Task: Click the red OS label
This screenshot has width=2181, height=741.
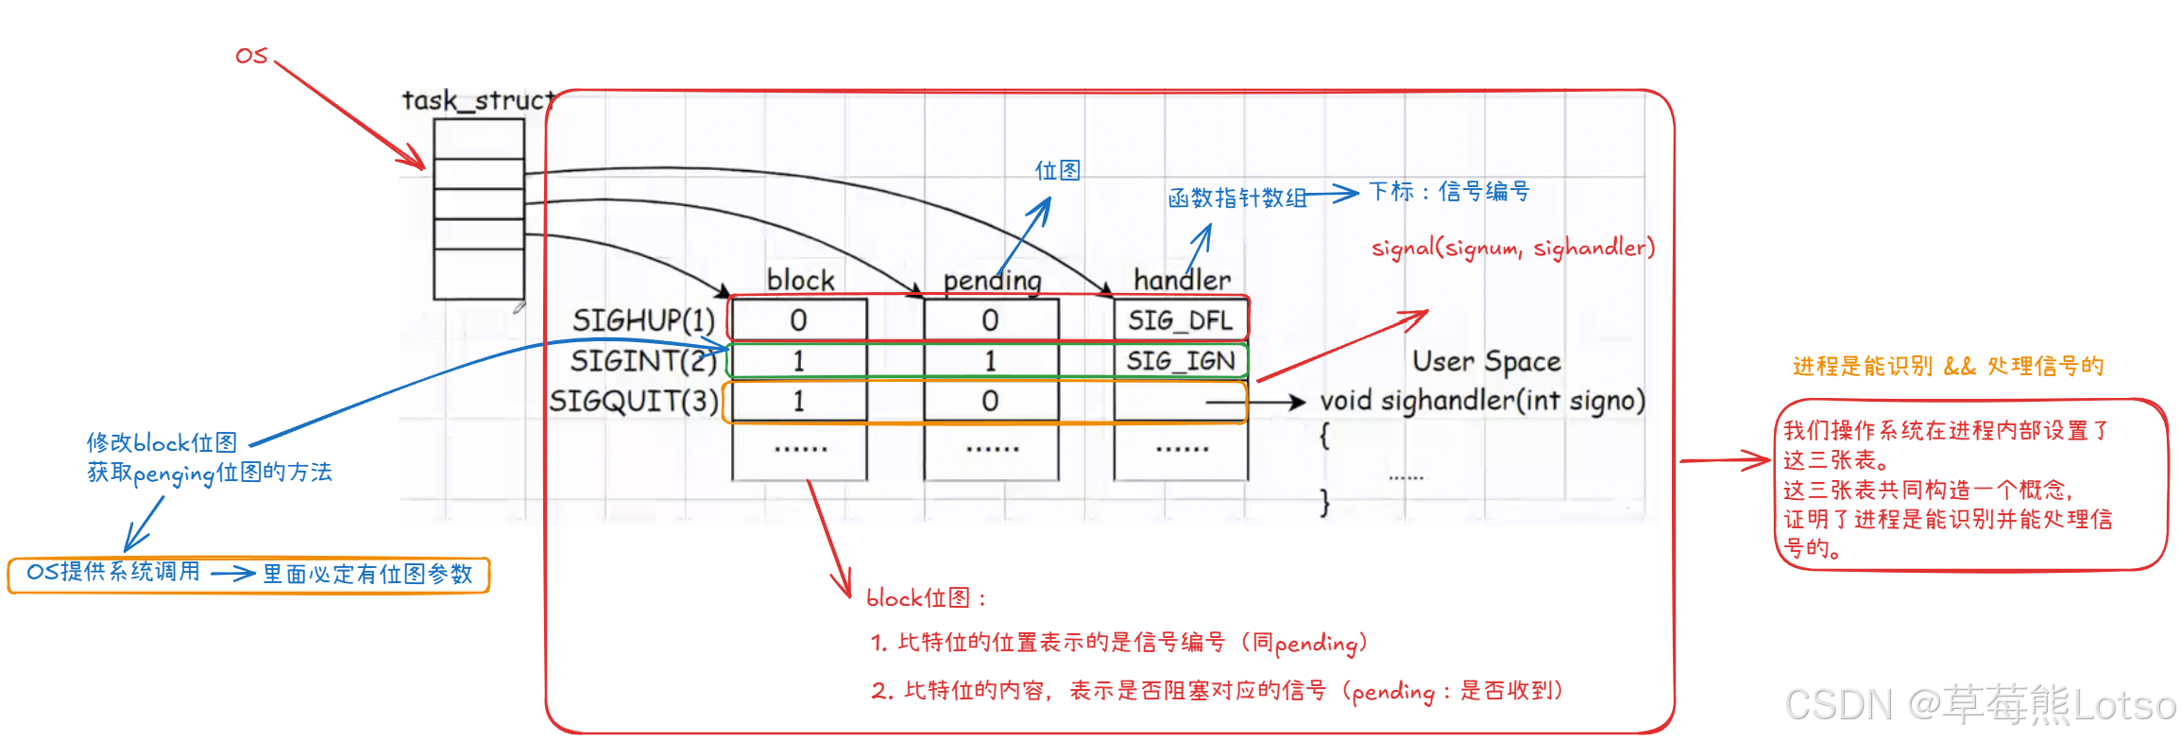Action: click(x=251, y=56)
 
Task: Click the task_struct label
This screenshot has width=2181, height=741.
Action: click(x=478, y=100)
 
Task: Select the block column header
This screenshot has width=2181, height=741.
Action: click(x=800, y=280)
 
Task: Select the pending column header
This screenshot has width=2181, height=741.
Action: click(x=992, y=281)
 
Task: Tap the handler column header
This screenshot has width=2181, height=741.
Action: click(x=1182, y=280)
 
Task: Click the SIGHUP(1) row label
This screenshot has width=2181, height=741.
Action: click(x=643, y=320)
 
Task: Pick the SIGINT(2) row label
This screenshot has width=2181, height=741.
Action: click(x=643, y=361)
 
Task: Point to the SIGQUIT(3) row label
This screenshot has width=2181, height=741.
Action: click(x=634, y=402)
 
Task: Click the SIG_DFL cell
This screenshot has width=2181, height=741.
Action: click(x=1180, y=320)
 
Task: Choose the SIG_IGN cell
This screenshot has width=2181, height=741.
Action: click(x=1180, y=361)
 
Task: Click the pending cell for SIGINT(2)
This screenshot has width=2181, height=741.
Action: click(x=990, y=361)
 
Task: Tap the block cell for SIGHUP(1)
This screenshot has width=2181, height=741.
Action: click(x=798, y=320)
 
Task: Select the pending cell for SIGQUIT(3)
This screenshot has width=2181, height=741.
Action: click(x=990, y=402)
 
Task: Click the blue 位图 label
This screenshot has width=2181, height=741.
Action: click(x=1057, y=170)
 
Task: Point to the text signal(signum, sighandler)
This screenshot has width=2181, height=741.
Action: click(x=1513, y=248)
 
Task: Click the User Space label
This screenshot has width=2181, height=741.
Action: click(x=1486, y=361)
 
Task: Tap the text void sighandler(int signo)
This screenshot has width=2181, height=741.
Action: click(x=1482, y=401)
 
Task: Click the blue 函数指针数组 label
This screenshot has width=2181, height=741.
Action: click(x=1236, y=198)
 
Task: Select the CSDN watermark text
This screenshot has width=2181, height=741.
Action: click(x=1980, y=705)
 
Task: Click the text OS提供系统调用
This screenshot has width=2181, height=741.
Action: click(x=113, y=572)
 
